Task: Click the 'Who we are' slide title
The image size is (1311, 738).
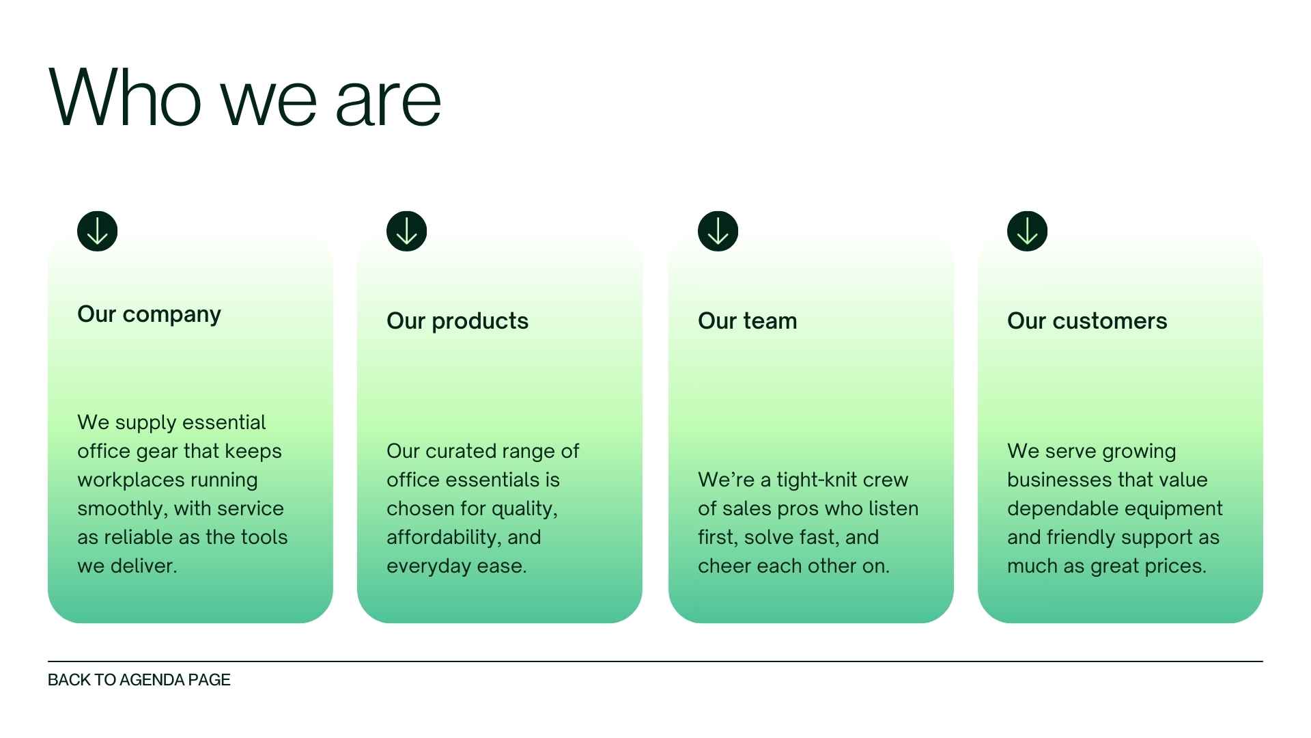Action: [x=244, y=98]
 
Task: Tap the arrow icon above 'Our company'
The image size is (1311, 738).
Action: [x=98, y=231]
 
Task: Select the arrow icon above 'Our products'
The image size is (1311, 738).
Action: [x=407, y=231]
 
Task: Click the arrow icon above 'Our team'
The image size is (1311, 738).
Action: [x=718, y=231]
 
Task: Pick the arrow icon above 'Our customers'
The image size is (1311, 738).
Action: [x=1027, y=231]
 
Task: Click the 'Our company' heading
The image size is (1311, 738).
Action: [x=149, y=314]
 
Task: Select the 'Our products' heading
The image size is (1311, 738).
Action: [x=457, y=321]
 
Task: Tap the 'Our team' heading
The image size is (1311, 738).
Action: [x=747, y=321]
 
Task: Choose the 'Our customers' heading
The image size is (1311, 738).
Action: [x=1087, y=321]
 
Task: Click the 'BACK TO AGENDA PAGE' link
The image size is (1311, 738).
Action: [x=139, y=680]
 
